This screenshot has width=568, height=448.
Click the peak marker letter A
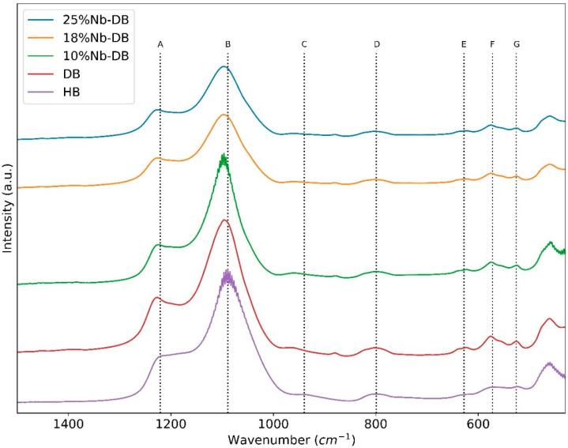pos(160,45)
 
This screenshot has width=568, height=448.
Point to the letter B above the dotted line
pos(228,45)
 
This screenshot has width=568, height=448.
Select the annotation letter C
pos(304,45)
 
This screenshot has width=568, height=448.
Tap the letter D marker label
pos(377,45)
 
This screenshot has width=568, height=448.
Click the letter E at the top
pos(464,45)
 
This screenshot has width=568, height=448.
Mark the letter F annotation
pos(492,45)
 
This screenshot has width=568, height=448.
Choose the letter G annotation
pos(517,45)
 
